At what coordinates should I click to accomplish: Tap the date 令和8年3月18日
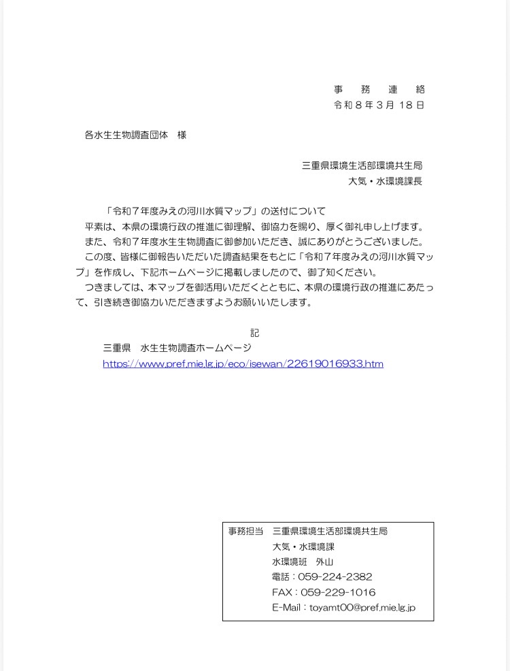(379, 105)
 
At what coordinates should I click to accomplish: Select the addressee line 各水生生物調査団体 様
(135, 135)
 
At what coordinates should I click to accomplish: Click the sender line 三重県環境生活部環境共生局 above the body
(362, 165)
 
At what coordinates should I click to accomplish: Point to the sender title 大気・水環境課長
(385, 181)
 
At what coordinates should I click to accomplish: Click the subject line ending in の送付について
(216, 211)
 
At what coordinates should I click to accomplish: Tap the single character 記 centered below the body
(254, 333)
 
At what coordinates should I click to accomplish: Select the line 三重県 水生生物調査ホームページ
(177, 348)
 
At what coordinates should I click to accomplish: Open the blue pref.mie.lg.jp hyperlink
(243, 364)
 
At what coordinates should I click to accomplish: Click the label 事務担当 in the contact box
(245, 531)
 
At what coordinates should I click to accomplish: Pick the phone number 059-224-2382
(335, 577)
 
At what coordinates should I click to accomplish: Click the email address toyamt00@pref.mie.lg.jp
(362, 608)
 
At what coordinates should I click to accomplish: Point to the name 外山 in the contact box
(325, 562)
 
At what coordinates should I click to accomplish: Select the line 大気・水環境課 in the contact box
(303, 546)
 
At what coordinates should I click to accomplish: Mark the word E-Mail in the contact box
(288, 608)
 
